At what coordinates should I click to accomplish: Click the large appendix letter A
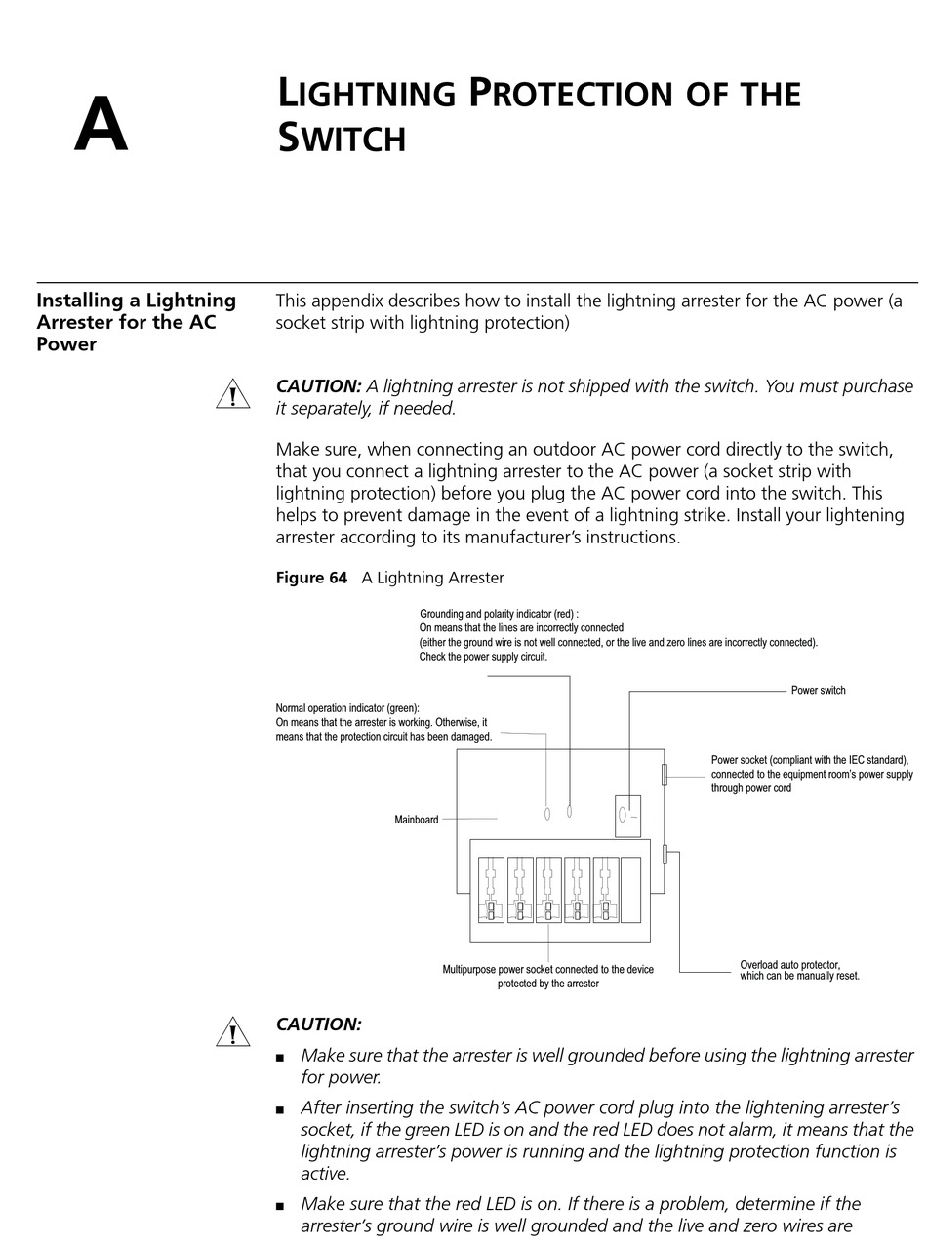(x=101, y=125)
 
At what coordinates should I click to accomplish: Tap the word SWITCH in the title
(x=342, y=138)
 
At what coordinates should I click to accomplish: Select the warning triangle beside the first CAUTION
(x=232, y=395)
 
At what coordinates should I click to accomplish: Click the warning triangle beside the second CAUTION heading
(x=232, y=1032)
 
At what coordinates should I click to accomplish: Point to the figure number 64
(x=338, y=578)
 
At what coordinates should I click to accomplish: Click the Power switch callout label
(x=818, y=691)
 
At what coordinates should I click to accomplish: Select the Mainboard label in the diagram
(x=417, y=820)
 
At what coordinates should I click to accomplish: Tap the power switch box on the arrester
(x=627, y=816)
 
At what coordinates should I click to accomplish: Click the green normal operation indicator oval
(x=546, y=813)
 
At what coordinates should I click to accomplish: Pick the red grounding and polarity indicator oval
(x=569, y=811)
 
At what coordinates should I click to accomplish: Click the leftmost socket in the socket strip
(x=491, y=890)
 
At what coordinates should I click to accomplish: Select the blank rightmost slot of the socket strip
(x=630, y=890)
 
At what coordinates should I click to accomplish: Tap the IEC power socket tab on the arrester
(x=665, y=775)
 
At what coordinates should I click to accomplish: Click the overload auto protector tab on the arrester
(x=665, y=854)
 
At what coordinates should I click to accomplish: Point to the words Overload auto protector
(x=789, y=965)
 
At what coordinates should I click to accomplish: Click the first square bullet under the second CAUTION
(x=281, y=1057)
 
